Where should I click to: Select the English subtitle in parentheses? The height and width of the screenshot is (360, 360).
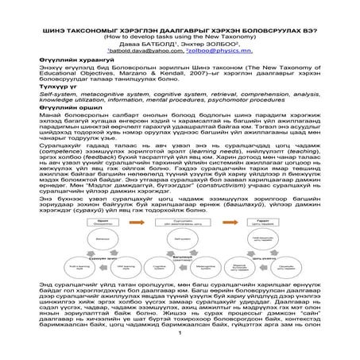coord(180,14)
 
